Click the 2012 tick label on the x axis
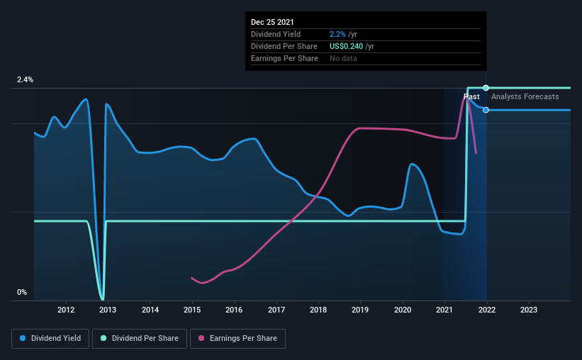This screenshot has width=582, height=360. [66, 310]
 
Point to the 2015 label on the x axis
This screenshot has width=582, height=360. [192, 310]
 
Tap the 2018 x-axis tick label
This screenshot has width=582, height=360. [318, 310]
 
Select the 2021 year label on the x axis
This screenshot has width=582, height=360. [444, 310]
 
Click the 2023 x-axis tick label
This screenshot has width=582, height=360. [529, 310]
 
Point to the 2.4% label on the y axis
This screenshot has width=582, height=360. [25, 80]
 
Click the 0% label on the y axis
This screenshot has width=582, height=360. [22, 293]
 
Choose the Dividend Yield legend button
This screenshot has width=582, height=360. [50, 339]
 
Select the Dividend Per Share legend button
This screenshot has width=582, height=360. [140, 339]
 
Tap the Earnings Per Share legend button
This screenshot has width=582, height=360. [237, 339]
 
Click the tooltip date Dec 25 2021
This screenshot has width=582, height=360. [272, 22]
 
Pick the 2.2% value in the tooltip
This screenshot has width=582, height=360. [337, 35]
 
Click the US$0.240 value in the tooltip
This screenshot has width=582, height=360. [347, 46]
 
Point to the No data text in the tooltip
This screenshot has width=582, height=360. [343, 59]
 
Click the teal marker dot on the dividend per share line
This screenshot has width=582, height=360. [486, 88]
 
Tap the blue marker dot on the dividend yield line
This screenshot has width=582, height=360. [486, 111]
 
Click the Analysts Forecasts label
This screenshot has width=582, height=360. [525, 97]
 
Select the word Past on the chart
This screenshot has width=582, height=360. [471, 97]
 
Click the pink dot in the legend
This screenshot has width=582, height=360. [201, 338]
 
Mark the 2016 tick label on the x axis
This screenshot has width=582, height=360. [234, 310]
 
